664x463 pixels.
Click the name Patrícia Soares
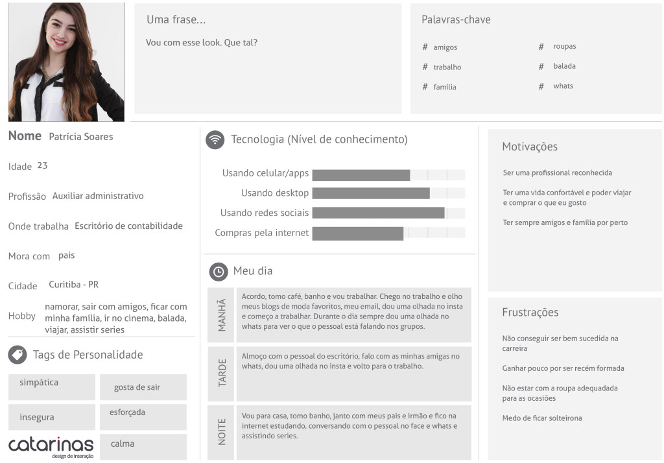80,137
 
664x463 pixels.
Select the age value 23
42,165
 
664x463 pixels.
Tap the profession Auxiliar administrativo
98,196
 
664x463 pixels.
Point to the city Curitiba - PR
73,285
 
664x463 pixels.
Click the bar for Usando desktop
371,193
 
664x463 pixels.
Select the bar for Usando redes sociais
378,213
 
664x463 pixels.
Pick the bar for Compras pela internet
358,233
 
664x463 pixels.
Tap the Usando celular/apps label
265,173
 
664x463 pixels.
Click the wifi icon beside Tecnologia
215,139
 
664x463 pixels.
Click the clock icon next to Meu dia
218,272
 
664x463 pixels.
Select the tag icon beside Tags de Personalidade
18,355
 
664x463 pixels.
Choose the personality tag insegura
37,418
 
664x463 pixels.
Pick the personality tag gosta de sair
137,387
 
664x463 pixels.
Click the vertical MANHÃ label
222,315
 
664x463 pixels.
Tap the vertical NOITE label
222,431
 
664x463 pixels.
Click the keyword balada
564,66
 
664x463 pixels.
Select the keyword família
445,87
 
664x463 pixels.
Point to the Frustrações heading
530,313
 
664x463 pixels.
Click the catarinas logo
51,446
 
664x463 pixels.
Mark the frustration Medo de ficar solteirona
542,418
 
